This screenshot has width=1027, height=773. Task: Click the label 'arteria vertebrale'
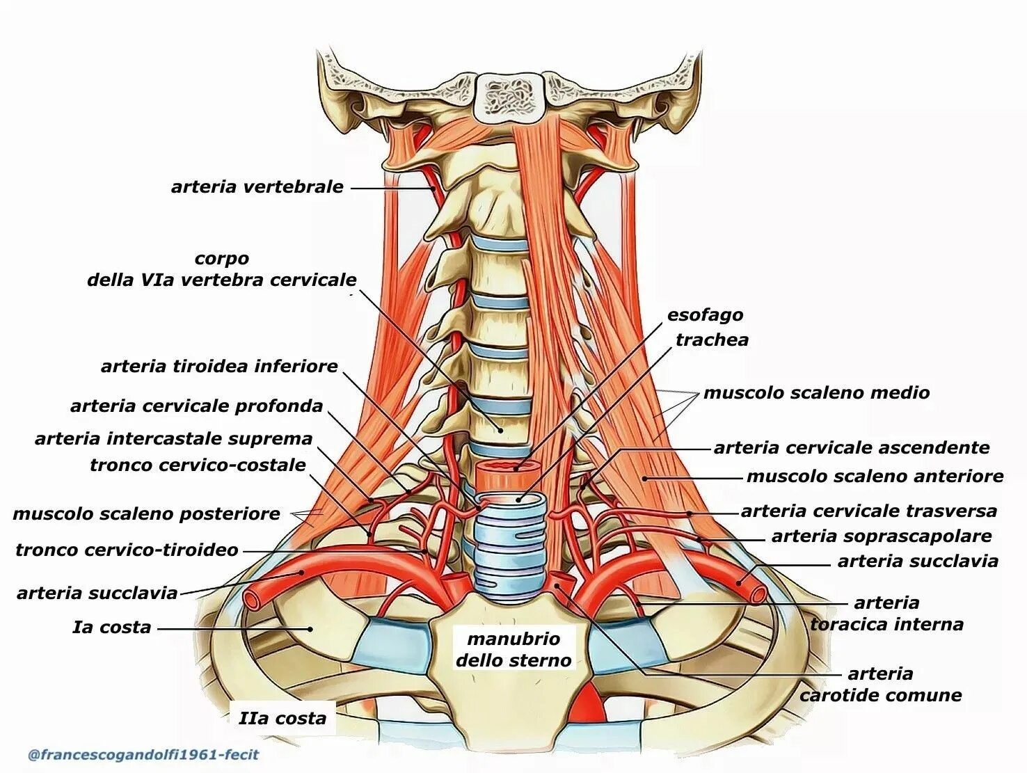coord(257,186)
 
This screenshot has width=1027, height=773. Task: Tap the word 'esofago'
coord(705,315)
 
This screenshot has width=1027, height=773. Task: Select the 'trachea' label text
coord(712,340)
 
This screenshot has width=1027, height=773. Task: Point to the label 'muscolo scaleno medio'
coord(816,393)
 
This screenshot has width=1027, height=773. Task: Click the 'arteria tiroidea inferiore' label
coord(219,367)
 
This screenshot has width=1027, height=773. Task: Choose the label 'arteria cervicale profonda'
coord(196,406)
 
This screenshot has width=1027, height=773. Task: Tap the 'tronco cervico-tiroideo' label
coord(127,550)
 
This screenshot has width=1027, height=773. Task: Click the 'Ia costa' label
coord(111,628)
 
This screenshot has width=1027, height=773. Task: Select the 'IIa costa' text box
coord(282,718)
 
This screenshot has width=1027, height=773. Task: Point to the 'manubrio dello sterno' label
coord(513,649)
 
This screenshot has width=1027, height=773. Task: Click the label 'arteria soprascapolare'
coord(882,536)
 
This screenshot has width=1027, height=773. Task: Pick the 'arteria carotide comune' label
coord(880,685)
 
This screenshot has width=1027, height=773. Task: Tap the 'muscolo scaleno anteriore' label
coord(875,477)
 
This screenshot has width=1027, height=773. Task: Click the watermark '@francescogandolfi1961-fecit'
coord(143,755)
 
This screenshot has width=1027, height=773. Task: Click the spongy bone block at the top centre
coord(509,96)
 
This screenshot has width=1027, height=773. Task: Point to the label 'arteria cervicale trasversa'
coord(868,511)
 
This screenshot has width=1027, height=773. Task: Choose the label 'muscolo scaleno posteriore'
coord(146,514)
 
